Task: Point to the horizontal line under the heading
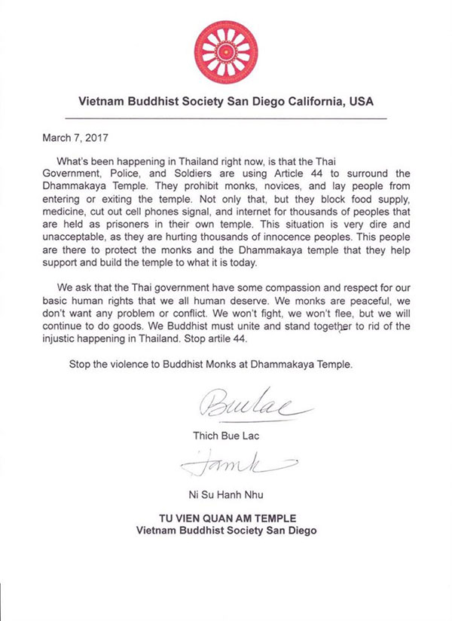tap(226, 119)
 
